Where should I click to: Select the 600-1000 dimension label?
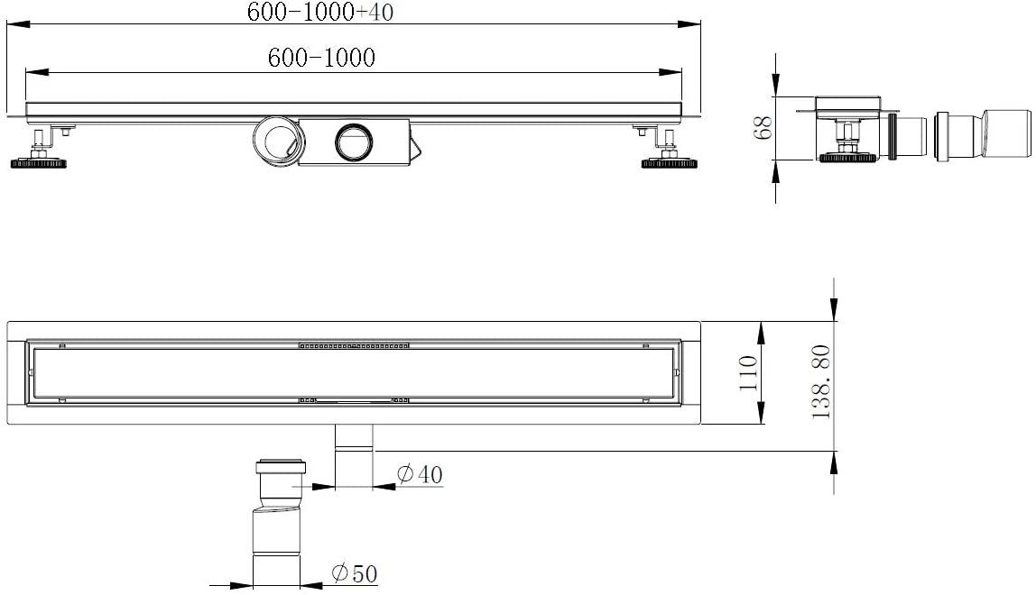[321, 58]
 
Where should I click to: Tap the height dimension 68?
[763, 128]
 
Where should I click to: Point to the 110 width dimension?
[746, 373]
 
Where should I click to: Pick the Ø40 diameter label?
[420, 474]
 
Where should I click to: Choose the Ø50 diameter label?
[354, 572]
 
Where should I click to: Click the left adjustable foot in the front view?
[39, 153]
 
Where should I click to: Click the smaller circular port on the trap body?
[351, 142]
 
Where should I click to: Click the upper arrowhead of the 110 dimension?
[763, 330]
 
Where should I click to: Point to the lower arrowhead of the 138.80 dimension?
[834, 461]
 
